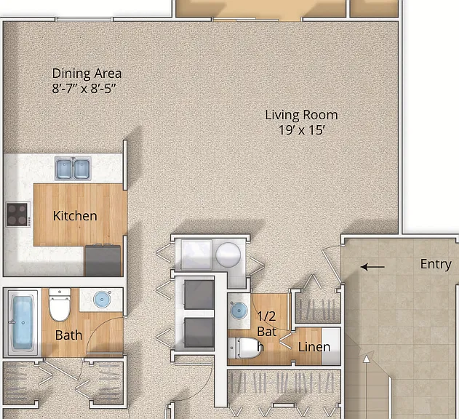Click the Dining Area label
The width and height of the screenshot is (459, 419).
tap(87, 73)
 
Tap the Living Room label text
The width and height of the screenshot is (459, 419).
tap(301, 115)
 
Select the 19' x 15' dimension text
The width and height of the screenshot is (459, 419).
tap(302, 130)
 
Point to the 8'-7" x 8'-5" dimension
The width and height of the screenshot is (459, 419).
tap(84, 88)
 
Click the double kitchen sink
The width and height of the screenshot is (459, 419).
tap(73, 168)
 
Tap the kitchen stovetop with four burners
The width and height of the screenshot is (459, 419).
tap(18, 215)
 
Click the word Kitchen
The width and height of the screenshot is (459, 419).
tap(75, 216)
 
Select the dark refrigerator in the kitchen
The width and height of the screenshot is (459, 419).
tap(103, 260)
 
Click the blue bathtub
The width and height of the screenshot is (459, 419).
tap(23, 322)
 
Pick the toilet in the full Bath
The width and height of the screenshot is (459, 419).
tap(60, 305)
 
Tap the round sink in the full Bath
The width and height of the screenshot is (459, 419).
tap(102, 299)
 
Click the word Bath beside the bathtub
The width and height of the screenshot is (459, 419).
tap(68, 335)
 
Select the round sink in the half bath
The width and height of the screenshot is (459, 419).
tap(239, 310)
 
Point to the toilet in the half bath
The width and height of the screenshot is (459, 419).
tap(244, 348)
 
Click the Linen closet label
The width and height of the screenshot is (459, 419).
tap(314, 347)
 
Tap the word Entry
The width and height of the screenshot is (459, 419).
tap(436, 264)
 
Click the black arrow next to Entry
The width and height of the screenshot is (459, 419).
tap(372, 267)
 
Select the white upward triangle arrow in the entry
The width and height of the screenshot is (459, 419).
tap(366, 359)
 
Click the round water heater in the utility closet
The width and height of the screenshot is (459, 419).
tap(228, 255)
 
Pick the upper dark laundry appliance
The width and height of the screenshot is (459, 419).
tap(199, 295)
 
